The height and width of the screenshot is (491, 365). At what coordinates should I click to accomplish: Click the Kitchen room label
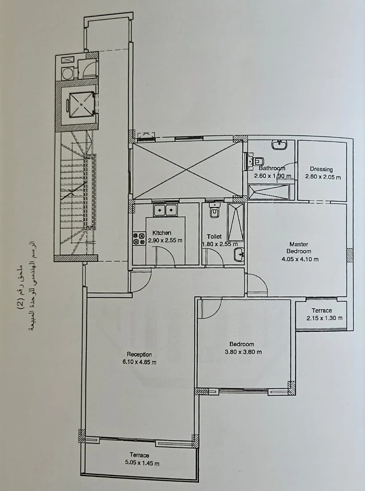(162, 233)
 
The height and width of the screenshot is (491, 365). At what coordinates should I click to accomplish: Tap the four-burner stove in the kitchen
(139, 239)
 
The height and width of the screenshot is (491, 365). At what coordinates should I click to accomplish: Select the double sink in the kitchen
(165, 210)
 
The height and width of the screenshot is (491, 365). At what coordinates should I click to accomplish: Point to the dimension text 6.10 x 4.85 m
(139, 362)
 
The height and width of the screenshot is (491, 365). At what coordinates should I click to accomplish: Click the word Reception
(139, 354)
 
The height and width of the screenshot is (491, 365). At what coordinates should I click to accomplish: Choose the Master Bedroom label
(299, 248)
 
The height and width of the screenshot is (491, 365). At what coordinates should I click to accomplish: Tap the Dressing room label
(321, 169)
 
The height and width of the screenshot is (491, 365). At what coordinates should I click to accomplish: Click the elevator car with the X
(81, 104)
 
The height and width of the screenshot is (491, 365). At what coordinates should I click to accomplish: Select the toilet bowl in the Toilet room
(214, 211)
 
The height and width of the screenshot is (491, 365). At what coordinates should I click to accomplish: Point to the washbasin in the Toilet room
(239, 254)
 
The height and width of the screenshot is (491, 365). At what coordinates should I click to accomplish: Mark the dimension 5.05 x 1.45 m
(142, 463)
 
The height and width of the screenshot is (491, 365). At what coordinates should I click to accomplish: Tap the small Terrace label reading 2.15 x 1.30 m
(324, 318)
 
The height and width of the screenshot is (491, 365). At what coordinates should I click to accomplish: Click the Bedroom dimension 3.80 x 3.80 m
(243, 352)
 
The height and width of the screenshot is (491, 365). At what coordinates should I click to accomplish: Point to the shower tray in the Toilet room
(236, 221)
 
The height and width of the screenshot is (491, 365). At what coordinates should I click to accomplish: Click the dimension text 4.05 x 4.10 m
(300, 259)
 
